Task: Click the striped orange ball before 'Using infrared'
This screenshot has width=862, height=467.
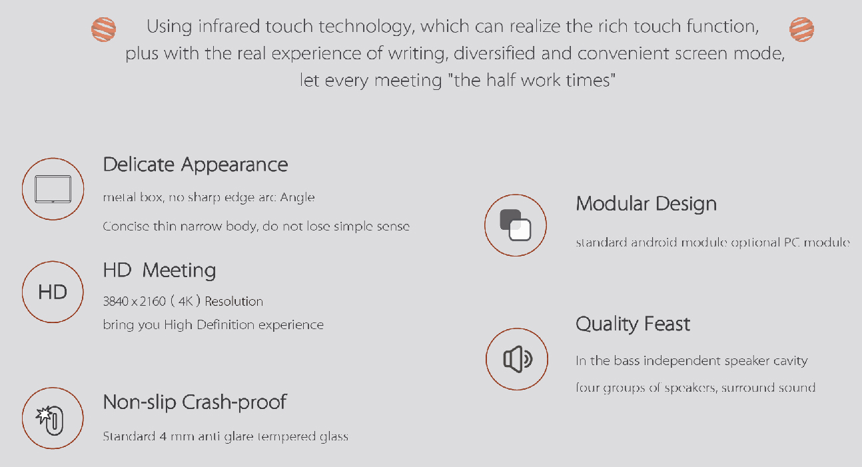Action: click(x=103, y=29)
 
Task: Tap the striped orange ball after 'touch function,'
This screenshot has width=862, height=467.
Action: click(x=801, y=29)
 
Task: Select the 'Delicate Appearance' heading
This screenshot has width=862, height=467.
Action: click(x=195, y=165)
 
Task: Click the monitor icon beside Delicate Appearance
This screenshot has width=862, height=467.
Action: click(x=53, y=189)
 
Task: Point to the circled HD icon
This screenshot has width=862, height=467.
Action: click(x=53, y=292)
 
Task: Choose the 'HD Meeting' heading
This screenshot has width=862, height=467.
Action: click(x=159, y=270)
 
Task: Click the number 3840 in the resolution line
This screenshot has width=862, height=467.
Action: click(x=115, y=301)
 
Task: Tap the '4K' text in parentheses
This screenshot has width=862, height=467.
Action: click(x=185, y=301)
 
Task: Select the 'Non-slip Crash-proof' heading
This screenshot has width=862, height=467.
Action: click(x=195, y=402)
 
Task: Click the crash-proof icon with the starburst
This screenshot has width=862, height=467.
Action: click(x=50, y=420)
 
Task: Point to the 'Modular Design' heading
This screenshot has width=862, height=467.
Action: click(x=646, y=204)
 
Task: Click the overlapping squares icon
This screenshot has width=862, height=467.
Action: click(x=516, y=225)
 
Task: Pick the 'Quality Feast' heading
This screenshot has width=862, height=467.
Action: click(x=633, y=324)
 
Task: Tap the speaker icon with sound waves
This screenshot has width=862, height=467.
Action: click(x=518, y=359)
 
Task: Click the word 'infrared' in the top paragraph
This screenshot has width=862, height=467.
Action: click(x=228, y=27)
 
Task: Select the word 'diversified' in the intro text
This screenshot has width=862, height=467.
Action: click(x=494, y=53)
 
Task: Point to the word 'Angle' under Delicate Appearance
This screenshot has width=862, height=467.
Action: click(x=297, y=197)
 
